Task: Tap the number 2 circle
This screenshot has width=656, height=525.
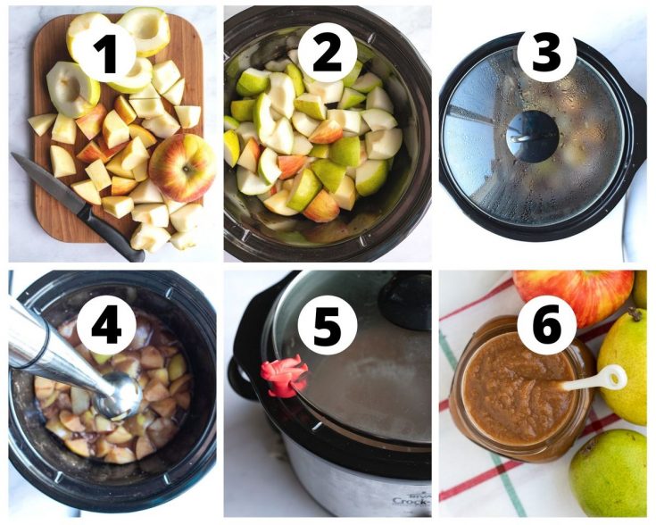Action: tap(328, 54)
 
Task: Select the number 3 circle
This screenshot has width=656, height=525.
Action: tap(546, 54)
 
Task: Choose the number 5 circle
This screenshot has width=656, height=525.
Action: tap(328, 324)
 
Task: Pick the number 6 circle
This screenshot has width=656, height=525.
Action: tap(546, 324)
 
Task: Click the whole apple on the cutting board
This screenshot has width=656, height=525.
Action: tap(182, 167)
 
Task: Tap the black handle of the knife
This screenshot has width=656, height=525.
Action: tap(111, 232)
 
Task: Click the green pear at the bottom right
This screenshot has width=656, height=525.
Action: tap(609, 473)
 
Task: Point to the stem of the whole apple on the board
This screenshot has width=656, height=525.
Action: tap(187, 168)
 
